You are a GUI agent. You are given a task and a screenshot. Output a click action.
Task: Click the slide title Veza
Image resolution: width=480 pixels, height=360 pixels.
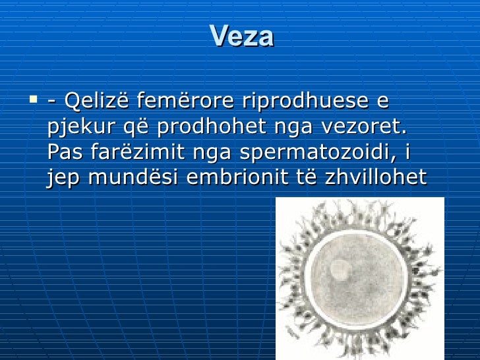[241, 37]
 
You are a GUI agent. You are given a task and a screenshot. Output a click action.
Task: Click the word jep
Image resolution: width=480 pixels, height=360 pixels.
[61, 179]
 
